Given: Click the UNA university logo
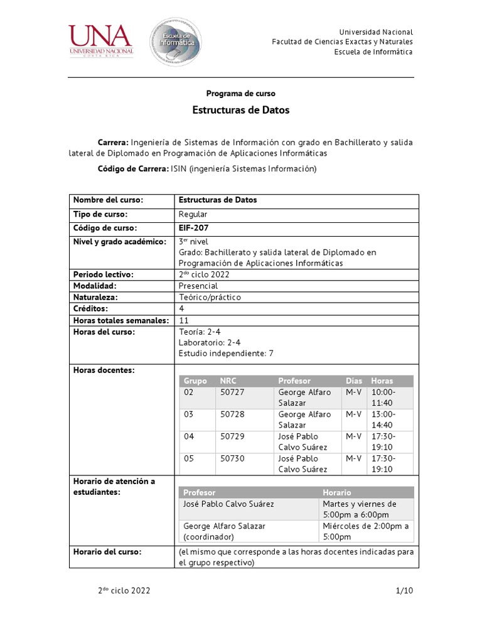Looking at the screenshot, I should click(x=100, y=41).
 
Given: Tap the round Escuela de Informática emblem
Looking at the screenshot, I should click(x=175, y=42).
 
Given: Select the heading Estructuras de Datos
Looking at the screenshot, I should click(x=241, y=110).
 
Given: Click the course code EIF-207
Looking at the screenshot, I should click(x=193, y=228).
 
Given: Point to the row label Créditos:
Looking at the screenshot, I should click(x=91, y=308).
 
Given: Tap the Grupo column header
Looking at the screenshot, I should click(x=195, y=381).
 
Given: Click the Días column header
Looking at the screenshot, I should click(x=354, y=381).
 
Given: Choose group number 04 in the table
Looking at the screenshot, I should click(x=189, y=436).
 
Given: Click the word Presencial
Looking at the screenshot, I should click(x=198, y=286).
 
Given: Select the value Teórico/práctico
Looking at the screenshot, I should click(x=210, y=297).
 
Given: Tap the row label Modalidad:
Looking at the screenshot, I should click(x=96, y=286).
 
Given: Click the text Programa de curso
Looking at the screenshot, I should click(x=241, y=93).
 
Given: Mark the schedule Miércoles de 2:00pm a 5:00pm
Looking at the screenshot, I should click(x=366, y=531).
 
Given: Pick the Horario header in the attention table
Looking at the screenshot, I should click(x=337, y=492).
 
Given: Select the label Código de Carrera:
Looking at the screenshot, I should click(x=133, y=169).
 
